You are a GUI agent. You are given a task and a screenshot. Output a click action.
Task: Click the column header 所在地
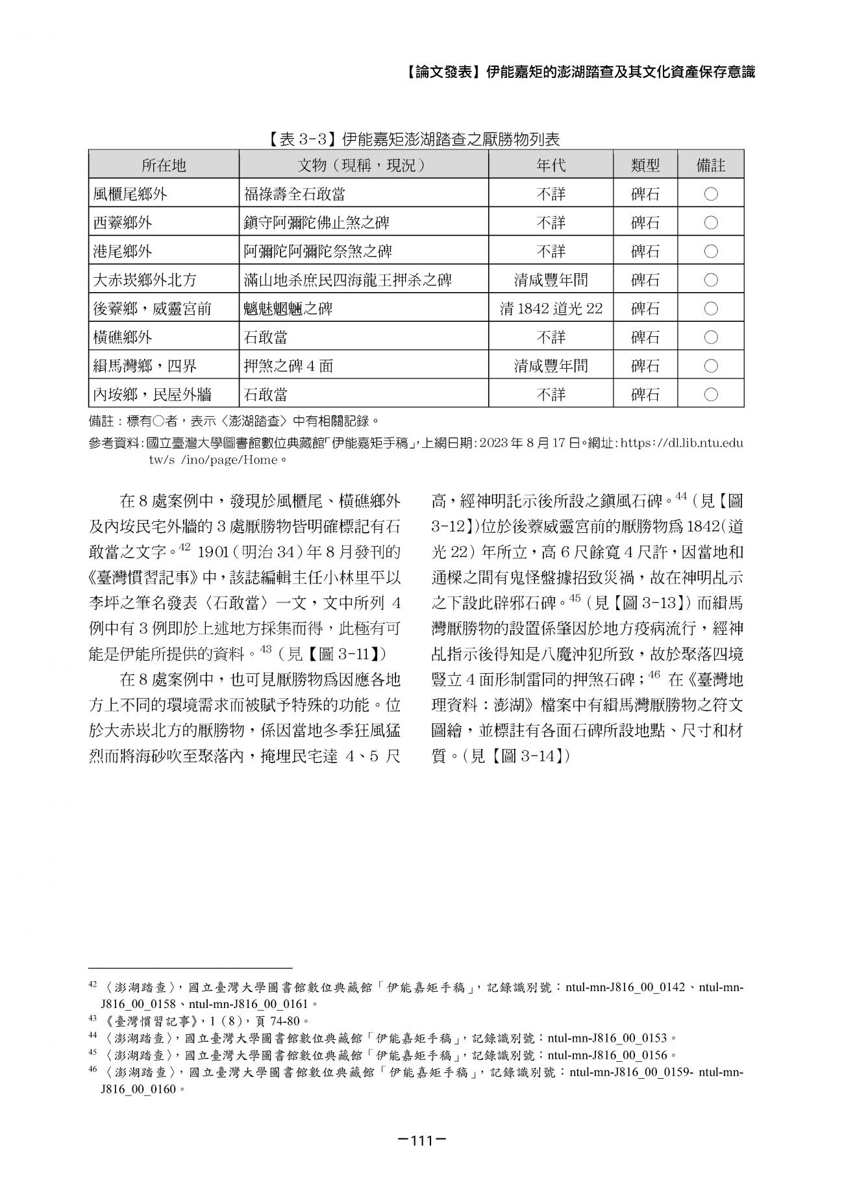click(164, 166)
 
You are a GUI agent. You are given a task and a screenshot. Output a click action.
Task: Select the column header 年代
click(551, 166)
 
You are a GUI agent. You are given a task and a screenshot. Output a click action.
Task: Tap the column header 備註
click(710, 166)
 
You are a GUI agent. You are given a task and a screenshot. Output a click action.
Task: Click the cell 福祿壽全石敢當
click(299, 194)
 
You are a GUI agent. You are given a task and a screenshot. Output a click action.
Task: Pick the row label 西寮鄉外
click(123, 223)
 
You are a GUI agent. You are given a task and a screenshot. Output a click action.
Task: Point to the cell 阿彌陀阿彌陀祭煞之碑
click(318, 251)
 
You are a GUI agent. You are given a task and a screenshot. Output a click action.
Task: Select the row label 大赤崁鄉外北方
click(145, 280)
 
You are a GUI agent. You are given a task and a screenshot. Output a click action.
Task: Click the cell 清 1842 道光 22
click(551, 308)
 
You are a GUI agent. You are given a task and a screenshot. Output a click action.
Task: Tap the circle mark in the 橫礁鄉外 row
click(710, 337)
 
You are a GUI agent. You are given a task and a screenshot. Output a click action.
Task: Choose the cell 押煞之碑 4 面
click(288, 365)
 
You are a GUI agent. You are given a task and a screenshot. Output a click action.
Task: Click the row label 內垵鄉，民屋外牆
click(153, 394)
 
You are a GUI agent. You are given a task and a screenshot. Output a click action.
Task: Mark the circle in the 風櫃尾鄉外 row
click(710, 194)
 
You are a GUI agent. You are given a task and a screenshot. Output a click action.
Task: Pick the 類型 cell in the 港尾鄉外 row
click(645, 251)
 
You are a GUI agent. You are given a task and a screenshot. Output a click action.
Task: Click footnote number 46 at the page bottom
click(92, 1070)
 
